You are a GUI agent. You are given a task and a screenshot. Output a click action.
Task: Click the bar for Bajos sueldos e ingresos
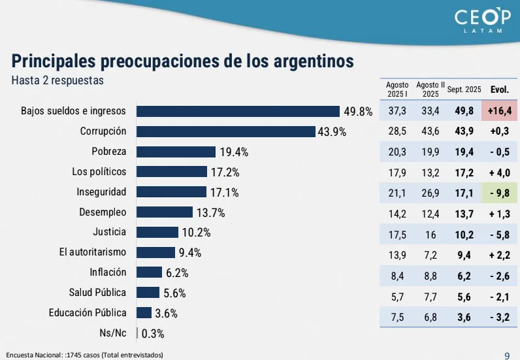pyautogui.click(x=238, y=111)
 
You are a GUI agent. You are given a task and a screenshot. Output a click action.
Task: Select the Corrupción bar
pyautogui.click(x=225, y=131)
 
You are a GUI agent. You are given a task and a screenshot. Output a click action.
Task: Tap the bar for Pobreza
pyautogui.click(x=176, y=152)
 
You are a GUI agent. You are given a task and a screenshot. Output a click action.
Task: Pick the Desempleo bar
pyautogui.click(x=165, y=212)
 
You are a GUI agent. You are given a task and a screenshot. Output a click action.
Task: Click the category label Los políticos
pyautogui.click(x=99, y=172)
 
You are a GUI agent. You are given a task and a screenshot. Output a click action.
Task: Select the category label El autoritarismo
pyautogui.click(x=89, y=252)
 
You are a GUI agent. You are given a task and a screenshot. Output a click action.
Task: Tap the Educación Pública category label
pyautogui.click(x=88, y=313)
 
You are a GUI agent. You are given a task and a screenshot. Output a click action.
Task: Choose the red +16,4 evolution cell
pyautogui.click(x=499, y=111)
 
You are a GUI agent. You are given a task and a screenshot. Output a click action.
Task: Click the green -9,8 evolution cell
pyautogui.click(x=499, y=192)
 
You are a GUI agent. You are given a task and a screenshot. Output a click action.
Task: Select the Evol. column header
pyautogui.click(x=499, y=90)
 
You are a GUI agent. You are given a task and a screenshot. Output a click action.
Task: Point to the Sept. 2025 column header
pyautogui.click(x=464, y=90)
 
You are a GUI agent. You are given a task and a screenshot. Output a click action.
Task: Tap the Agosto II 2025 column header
pyautogui.click(x=431, y=90)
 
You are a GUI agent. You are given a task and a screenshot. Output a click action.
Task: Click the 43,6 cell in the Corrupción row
pyautogui.click(x=431, y=131)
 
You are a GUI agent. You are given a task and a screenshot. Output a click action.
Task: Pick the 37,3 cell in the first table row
pyautogui.click(x=397, y=111)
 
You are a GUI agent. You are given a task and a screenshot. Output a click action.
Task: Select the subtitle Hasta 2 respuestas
pyautogui.click(x=57, y=80)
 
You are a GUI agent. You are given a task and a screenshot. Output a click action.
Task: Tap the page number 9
pyautogui.click(x=507, y=355)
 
